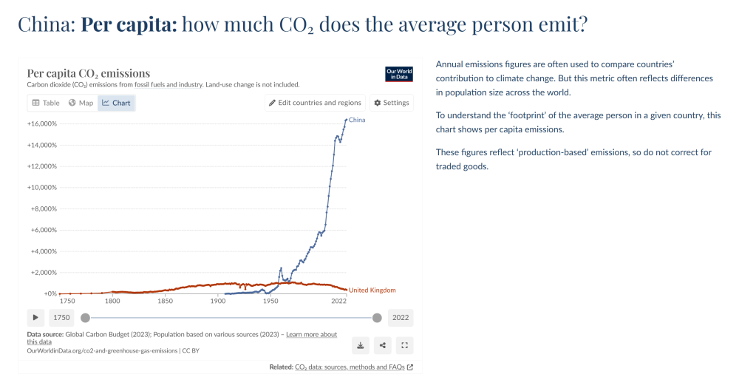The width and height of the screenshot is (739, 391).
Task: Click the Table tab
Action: click(x=46, y=103)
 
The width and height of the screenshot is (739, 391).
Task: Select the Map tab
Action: click(x=81, y=103)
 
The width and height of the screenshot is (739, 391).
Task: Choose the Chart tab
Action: click(x=116, y=103)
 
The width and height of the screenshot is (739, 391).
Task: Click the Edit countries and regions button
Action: click(x=315, y=103)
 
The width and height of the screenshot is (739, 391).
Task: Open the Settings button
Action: click(x=392, y=103)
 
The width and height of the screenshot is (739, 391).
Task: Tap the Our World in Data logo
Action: click(x=399, y=74)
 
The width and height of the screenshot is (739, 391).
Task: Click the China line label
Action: click(x=357, y=120)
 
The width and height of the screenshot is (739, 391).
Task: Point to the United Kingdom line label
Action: click(x=372, y=290)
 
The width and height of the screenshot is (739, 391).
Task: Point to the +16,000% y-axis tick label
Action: click(x=42, y=123)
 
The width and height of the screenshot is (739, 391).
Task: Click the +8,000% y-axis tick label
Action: click(x=44, y=208)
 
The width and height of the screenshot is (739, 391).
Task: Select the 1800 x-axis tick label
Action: click(x=112, y=300)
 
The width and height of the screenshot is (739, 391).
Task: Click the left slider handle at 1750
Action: click(x=85, y=318)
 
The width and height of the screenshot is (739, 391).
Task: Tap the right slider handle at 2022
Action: click(x=377, y=318)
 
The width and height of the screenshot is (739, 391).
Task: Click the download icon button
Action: click(x=361, y=345)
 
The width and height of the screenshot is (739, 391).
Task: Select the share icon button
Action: click(x=383, y=345)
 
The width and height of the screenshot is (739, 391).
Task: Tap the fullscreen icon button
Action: click(x=404, y=345)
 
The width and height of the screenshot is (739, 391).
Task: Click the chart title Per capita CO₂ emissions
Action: click(x=89, y=73)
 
